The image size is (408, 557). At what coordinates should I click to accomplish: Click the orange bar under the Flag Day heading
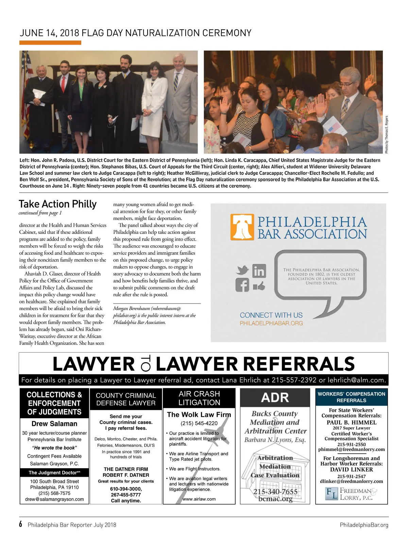coord(50,43)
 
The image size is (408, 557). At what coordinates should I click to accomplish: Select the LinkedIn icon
coord(259,271)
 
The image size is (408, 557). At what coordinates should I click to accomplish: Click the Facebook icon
coord(242,285)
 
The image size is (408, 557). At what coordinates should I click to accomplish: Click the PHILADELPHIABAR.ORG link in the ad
coord(271,323)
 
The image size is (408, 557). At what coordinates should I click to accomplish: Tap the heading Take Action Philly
coord(58,204)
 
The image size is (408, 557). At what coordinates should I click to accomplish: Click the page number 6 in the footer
coord(21,524)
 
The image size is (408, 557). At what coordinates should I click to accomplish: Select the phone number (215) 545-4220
coord(199,423)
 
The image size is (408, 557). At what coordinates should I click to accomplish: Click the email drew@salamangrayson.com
coord(54,499)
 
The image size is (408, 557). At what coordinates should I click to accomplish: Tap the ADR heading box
coord(275,398)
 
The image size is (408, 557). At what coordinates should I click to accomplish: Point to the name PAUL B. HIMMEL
coord(351,422)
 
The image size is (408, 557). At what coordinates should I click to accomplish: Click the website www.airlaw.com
coord(199,499)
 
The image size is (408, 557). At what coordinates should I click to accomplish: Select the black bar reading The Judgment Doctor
coord(54,473)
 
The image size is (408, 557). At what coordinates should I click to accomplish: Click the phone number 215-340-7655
coord(275,492)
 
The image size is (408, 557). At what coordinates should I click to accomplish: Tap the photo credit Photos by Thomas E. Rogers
coord(386,135)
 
